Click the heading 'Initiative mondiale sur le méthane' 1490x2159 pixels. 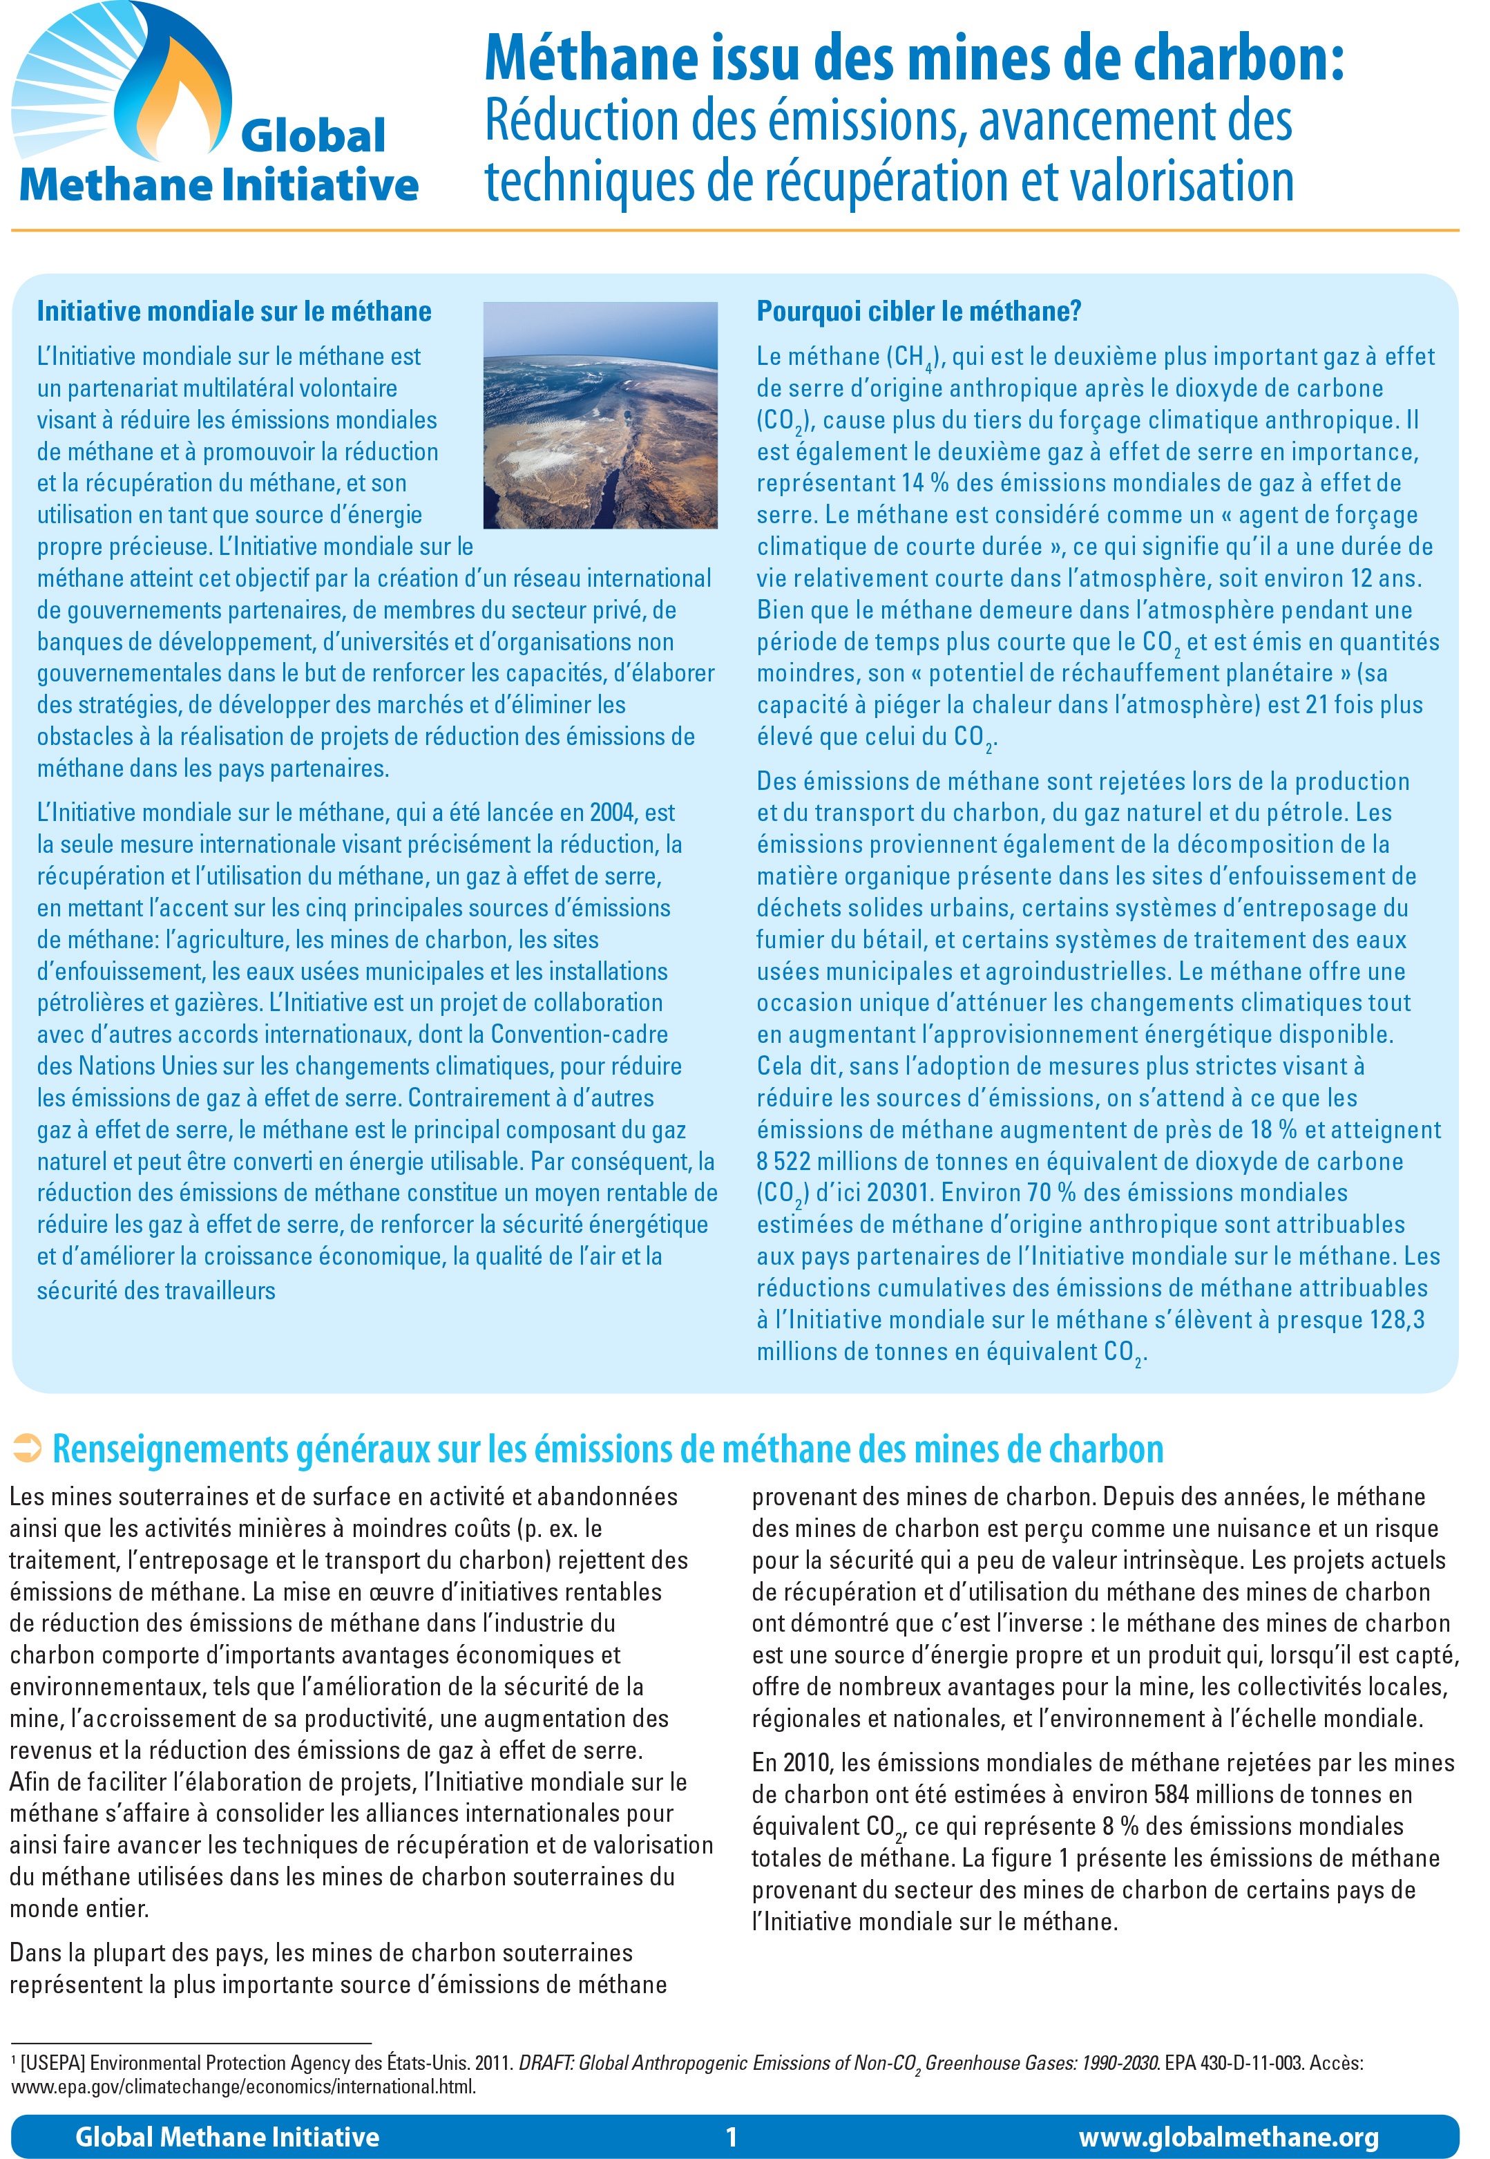[x=233, y=312]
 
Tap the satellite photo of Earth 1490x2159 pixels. [x=600, y=415]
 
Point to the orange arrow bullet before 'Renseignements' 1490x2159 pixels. [x=26, y=1449]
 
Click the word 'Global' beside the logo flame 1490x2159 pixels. [x=313, y=136]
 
